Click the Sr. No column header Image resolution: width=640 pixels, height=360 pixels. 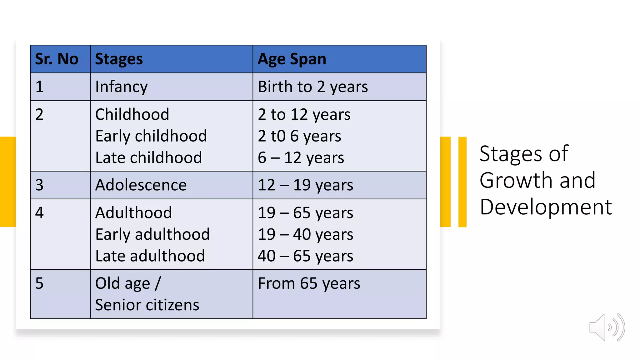coord(57,59)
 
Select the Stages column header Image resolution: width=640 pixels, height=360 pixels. coord(119,59)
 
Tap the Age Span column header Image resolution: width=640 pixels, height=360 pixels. coord(292,59)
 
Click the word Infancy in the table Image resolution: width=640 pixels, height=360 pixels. coord(121,87)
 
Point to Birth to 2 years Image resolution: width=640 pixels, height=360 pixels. coord(313,87)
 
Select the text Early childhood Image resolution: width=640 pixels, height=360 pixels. coord(151,136)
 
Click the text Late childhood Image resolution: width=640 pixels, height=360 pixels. coord(148,158)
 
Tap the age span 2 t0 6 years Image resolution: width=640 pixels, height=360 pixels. coord(299,136)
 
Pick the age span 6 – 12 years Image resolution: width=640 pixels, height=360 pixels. coord(301,158)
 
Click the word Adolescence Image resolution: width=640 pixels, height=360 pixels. coord(141,185)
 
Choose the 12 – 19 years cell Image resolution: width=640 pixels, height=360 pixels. coord(305,185)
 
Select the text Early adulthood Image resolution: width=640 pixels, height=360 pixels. coord(152,234)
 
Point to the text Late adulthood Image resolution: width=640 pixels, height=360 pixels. coord(150,256)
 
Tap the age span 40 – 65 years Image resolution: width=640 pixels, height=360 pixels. coord(305,256)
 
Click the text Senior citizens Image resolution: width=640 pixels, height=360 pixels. coord(147,305)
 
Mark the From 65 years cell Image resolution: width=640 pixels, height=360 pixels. coord(309,284)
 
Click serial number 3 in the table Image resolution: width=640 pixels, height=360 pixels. coord(39,185)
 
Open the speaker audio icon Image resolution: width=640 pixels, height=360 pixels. coord(607,327)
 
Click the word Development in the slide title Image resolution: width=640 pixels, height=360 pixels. coord(546,207)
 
